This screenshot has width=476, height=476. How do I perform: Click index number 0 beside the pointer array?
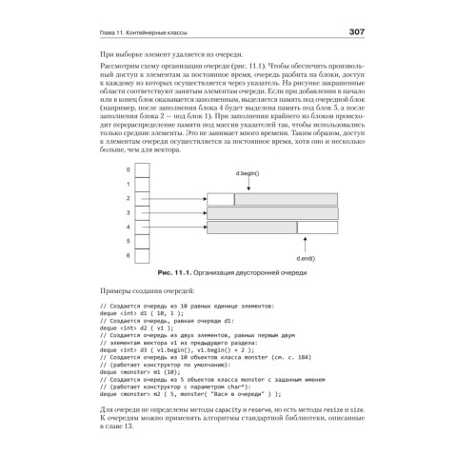click(x=128, y=169)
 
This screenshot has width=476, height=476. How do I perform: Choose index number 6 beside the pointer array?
click(x=128, y=256)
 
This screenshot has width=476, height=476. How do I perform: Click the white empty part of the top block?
click(x=220, y=199)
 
